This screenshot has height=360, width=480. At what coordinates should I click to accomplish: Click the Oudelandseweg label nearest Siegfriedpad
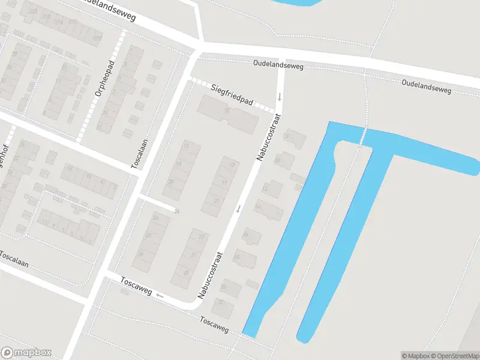(278, 64)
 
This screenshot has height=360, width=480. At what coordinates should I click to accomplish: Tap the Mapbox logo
(26, 352)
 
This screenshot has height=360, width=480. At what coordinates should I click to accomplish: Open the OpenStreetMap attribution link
(454, 356)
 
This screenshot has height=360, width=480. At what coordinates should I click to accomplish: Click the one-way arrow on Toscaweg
(160, 295)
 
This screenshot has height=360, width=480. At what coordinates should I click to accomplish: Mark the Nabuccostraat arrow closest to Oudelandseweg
(279, 97)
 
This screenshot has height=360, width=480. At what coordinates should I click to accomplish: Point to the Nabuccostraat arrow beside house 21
(238, 208)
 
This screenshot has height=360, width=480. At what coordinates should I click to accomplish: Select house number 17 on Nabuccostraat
(225, 182)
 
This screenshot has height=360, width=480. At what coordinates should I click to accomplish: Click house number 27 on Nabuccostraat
(202, 238)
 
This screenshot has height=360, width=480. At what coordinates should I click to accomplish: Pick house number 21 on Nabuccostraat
(216, 200)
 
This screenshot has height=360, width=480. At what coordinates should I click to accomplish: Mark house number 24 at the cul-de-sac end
(176, 210)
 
